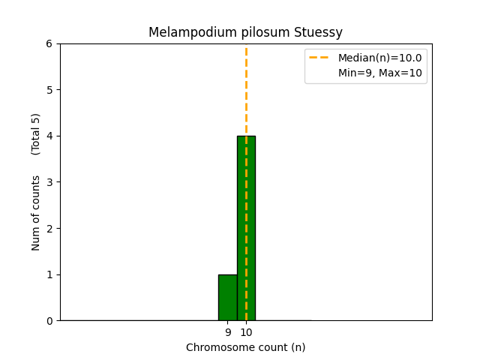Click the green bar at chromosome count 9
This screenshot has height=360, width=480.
click(x=227, y=298)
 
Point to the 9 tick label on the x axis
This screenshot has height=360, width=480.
click(x=228, y=332)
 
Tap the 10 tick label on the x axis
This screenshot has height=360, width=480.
click(x=246, y=332)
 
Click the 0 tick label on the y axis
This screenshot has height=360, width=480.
click(x=49, y=321)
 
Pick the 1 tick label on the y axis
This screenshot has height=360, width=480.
click(x=49, y=274)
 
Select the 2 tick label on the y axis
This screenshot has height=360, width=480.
click(x=49, y=229)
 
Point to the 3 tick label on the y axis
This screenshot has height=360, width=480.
click(x=49, y=182)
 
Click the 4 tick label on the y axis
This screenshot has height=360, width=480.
click(x=49, y=136)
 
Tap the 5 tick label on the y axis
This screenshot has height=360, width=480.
click(x=49, y=90)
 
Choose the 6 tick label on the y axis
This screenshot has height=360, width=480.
click(x=49, y=44)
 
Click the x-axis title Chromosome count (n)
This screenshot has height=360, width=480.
click(x=246, y=347)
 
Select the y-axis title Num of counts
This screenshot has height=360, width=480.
click(x=36, y=213)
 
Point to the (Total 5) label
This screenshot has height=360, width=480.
click(x=36, y=134)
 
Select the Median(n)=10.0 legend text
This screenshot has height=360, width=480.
click(x=379, y=58)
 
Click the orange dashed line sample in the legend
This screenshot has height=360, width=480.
click(x=319, y=58)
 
